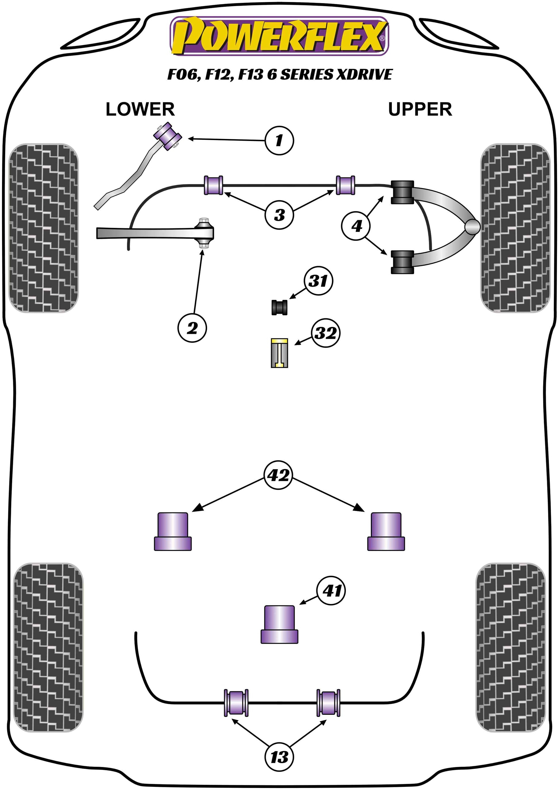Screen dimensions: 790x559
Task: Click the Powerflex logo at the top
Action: pos(279,36)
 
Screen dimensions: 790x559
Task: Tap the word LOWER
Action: pos(140,109)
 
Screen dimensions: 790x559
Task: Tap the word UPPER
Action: pos(420,109)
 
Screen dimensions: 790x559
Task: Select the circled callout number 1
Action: pos(279,140)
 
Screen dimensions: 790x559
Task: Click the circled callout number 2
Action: pos(192,328)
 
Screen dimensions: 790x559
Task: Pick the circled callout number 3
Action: pos(279,215)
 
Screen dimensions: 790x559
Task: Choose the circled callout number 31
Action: pos(318,281)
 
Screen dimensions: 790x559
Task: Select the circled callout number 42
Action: pos(278,475)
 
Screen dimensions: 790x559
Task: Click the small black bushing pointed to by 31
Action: pos(279,307)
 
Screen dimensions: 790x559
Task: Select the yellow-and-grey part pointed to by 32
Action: pos(279,353)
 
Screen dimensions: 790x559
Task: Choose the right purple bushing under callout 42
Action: pos(386,532)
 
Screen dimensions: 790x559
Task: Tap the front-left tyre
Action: pos(43,228)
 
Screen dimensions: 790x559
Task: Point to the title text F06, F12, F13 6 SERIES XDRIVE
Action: pos(279,75)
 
